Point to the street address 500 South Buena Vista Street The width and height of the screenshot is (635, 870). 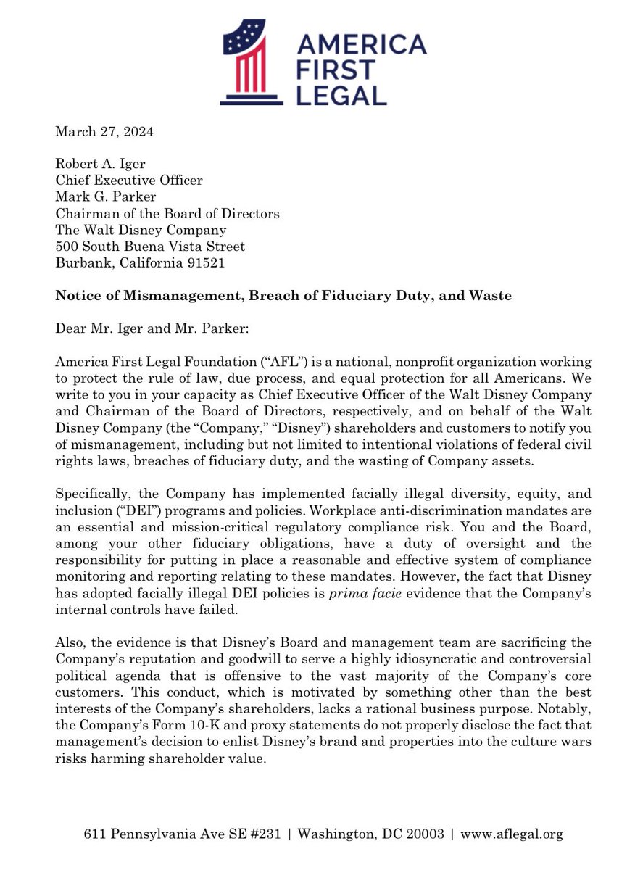(x=150, y=246)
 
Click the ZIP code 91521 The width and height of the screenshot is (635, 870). (x=205, y=262)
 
